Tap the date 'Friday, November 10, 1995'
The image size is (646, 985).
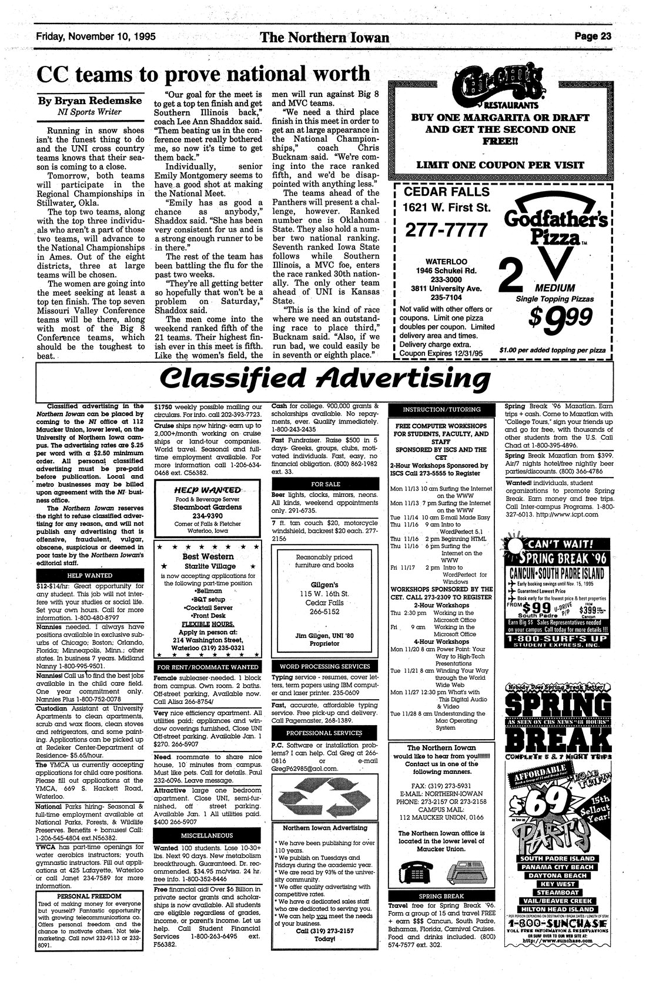(x=95, y=36)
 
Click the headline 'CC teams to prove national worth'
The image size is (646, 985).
(x=203, y=74)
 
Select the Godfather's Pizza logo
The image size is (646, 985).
(x=555, y=226)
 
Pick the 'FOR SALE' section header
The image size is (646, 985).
(x=325, y=484)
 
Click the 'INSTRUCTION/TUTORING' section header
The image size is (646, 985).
(x=441, y=409)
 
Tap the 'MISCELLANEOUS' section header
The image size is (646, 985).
(x=206, y=835)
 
